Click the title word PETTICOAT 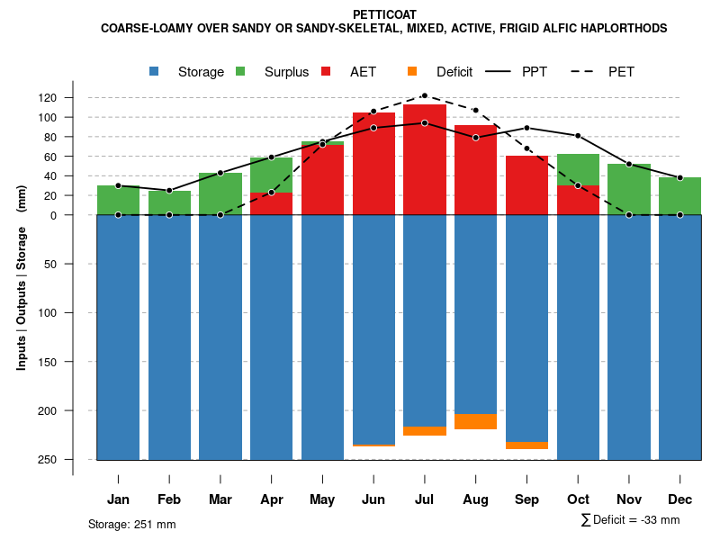(384, 14)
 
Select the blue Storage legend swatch (155, 71)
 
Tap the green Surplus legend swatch (241, 71)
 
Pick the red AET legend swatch (326, 71)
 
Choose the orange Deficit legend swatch (412, 71)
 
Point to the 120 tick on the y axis (71, 97)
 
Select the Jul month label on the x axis (425, 499)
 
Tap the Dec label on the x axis (679, 499)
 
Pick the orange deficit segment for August (476, 421)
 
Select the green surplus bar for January (118, 200)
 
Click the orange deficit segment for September (526, 445)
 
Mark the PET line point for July (425, 95)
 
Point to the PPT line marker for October (578, 136)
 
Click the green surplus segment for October (578, 169)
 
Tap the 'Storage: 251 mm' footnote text (131, 524)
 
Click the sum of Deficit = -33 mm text (630, 519)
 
